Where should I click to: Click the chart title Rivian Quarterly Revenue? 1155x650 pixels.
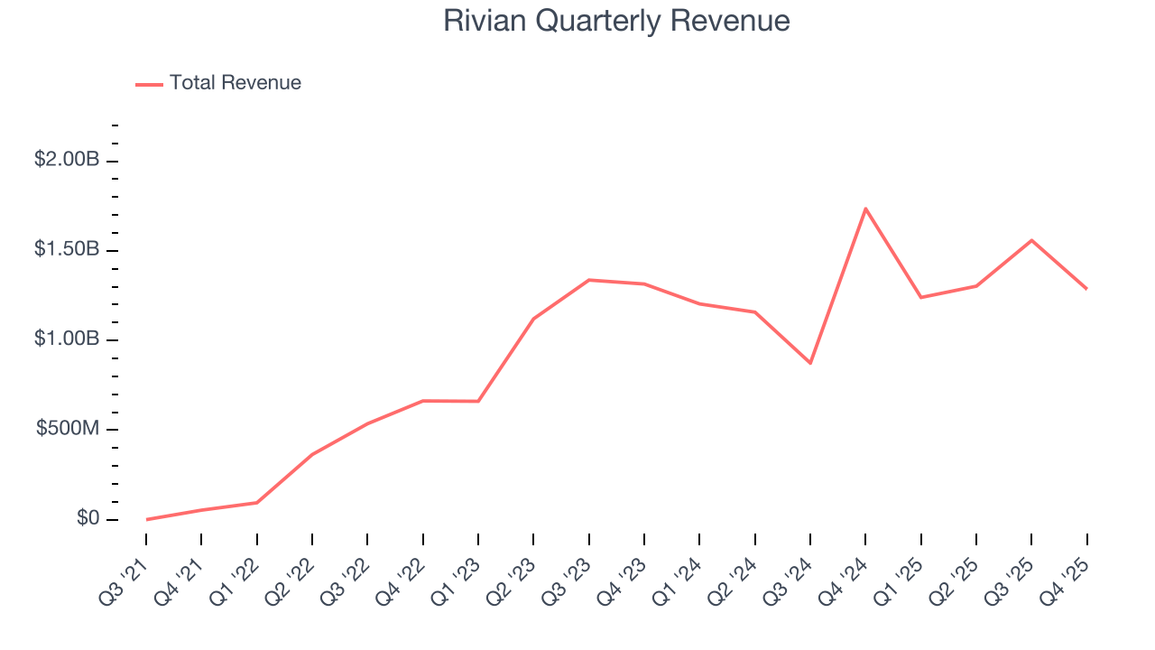pyautogui.click(x=616, y=21)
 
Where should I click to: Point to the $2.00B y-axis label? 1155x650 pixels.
pyautogui.click(x=67, y=159)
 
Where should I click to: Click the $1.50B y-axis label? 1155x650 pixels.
pyautogui.click(x=67, y=248)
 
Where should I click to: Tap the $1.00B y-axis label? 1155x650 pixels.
pyautogui.click(x=67, y=339)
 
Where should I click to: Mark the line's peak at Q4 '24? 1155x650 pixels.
pyautogui.click(x=865, y=209)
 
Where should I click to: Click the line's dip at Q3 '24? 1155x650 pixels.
pyautogui.click(x=810, y=363)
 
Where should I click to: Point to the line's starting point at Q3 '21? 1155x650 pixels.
pyautogui.click(x=146, y=519)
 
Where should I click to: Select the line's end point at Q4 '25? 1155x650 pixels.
pyautogui.click(x=1086, y=289)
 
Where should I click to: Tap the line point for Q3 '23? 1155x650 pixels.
pyautogui.click(x=589, y=280)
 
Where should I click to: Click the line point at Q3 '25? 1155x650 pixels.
pyautogui.click(x=1031, y=240)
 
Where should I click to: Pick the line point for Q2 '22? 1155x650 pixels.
pyautogui.click(x=312, y=454)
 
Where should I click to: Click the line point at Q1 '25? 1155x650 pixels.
pyautogui.click(x=920, y=297)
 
